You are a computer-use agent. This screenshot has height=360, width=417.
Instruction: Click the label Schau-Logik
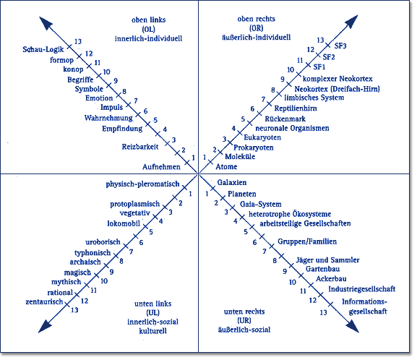click(43, 49)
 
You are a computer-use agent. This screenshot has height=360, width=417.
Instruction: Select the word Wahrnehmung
click(108, 118)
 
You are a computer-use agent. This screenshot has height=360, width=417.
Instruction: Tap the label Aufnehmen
click(161, 167)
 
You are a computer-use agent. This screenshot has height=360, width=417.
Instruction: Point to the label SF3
click(340, 46)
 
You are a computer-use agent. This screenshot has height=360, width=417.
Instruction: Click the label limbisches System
click(314, 98)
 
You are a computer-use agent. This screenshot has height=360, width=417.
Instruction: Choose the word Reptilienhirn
click(296, 108)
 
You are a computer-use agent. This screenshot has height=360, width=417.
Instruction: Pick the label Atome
click(226, 166)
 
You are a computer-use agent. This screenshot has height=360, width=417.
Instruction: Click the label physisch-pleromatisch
click(142, 184)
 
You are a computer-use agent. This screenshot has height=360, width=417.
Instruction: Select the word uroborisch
click(103, 242)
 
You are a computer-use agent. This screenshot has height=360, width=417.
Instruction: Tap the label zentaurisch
click(44, 301)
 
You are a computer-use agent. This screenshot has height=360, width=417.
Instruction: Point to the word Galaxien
click(232, 182)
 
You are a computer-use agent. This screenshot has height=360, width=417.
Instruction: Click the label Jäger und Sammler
click(327, 260)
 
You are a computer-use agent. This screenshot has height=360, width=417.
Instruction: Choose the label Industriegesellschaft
click(362, 289)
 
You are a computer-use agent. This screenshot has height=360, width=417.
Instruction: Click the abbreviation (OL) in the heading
click(148, 29)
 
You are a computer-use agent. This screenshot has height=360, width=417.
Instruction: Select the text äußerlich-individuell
click(257, 38)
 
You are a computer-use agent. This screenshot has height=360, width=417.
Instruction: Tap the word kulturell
click(153, 331)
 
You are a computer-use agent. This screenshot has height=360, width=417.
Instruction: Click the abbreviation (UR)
click(244, 321)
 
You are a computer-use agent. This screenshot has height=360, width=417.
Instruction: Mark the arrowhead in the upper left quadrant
click(46, 23)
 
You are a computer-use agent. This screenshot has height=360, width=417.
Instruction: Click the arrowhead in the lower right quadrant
click(353, 326)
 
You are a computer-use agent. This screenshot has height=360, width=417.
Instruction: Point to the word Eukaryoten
click(262, 137)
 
